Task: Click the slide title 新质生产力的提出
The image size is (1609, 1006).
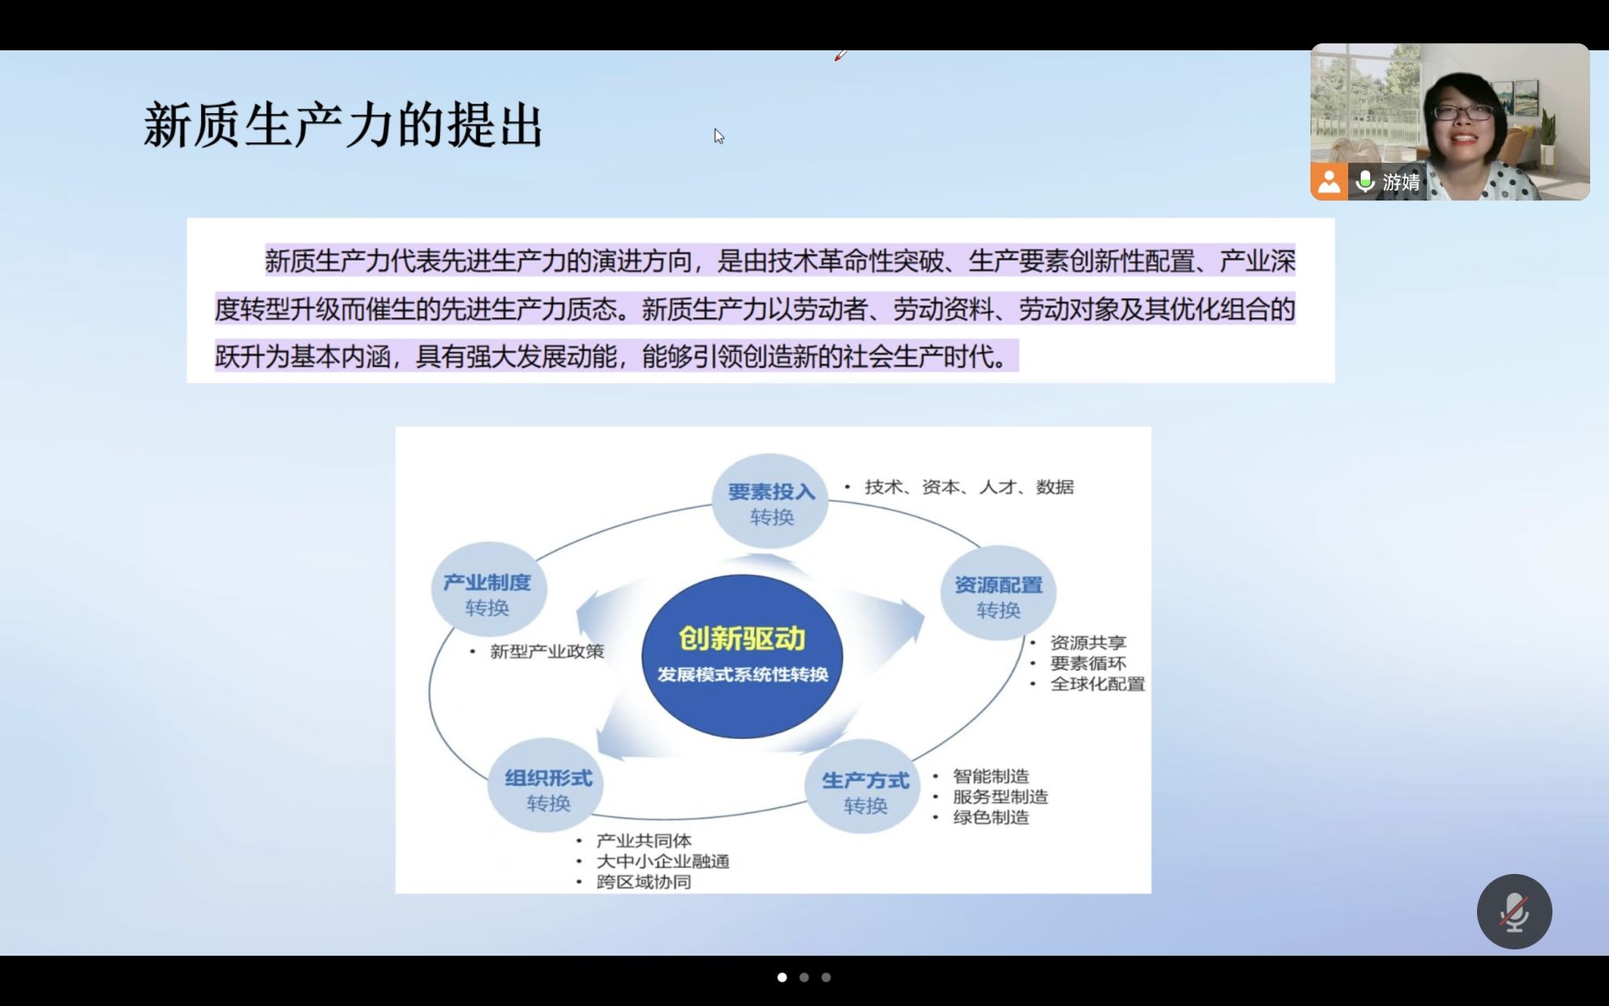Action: coord(343,126)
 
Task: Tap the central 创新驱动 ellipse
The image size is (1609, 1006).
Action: coord(742,656)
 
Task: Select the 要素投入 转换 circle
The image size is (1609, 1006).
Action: coord(771,501)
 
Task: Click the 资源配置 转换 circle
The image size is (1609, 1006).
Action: coord(999,593)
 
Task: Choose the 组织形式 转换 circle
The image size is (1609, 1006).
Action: coord(547,787)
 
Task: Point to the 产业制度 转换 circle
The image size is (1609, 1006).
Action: coord(489,590)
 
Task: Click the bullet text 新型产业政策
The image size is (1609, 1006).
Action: coord(547,652)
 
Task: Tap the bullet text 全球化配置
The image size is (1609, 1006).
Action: coord(1098,685)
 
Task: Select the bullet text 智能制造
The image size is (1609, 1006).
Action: coord(991,777)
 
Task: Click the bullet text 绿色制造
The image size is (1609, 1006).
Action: coord(991,817)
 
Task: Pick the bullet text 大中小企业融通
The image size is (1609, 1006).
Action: coord(663,861)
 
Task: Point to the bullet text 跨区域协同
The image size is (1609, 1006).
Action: coord(644,882)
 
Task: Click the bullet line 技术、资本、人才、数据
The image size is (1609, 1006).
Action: coord(969,487)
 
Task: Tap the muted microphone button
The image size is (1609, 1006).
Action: coord(1514,912)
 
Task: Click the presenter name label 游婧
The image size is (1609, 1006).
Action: coord(1401,182)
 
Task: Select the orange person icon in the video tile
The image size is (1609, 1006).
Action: coord(1329,182)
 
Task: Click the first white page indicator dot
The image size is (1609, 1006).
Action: coord(782,978)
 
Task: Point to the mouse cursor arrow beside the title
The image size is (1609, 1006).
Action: coord(719,136)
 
